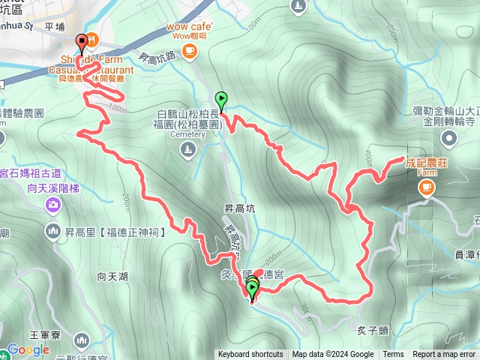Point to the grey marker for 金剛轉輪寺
click(x=449, y=137)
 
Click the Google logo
click(x=28, y=350)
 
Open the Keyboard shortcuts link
click(x=250, y=355)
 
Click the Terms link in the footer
click(x=393, y=355)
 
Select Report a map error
click(x=445, y=355)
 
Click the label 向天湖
click(x=112, y=277)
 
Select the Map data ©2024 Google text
click(x=333, y=355)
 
